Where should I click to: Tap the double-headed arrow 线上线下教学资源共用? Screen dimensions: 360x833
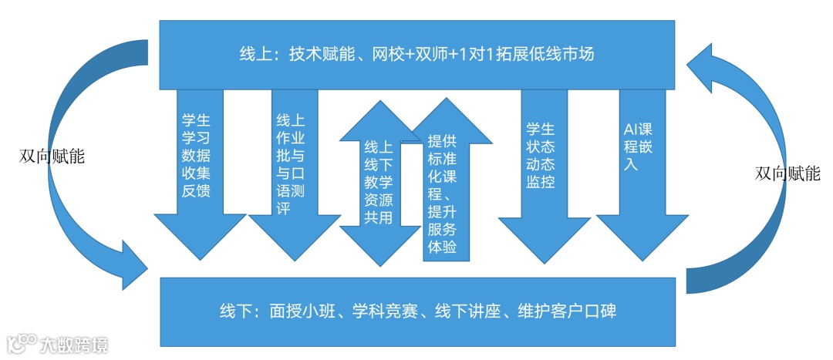point(378,182)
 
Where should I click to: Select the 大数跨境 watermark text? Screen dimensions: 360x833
point(76,344)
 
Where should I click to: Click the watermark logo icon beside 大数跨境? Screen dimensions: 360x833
point(22,343)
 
